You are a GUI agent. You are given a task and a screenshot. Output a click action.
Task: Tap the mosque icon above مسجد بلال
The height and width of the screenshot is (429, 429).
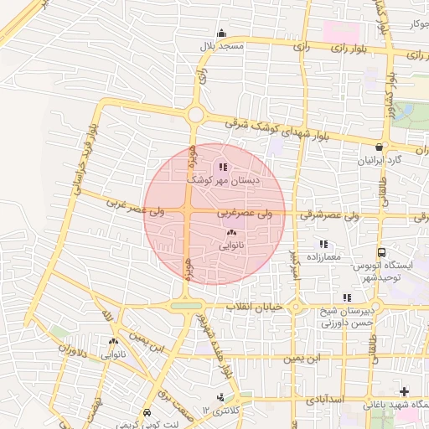click(x=221, y=34)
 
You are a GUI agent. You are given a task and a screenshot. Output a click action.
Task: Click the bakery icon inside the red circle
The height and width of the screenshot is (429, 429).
click(x=231, y=234)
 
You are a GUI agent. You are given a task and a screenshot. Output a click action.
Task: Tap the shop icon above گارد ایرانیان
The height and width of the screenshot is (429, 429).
click(x=380, y=147)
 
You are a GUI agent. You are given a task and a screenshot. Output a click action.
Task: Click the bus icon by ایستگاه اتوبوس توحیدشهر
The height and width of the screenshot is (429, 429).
click(x=382, y=252)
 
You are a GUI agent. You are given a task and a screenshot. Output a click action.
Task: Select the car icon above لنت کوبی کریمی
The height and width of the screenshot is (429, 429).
click(x=147, y=413)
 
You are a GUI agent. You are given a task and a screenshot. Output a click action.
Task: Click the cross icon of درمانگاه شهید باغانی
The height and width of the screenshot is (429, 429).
click(x=405, y=391)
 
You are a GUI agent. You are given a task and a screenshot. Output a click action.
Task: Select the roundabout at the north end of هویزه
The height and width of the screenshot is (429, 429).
click(x=195, y=114)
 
